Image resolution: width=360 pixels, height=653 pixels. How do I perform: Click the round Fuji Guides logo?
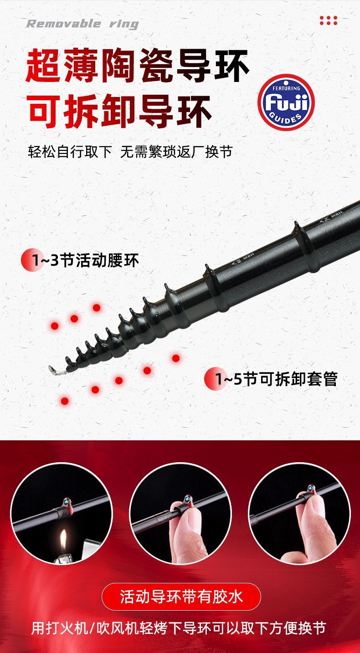tap(286, 103)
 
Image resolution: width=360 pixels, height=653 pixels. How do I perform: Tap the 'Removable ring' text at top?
tap(82, 24)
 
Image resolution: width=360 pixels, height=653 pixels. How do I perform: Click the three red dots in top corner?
tap(328, 20)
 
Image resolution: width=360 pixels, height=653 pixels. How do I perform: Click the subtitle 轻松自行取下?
tap(70, 152)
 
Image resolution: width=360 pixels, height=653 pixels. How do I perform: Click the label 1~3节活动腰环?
tap(85, 261)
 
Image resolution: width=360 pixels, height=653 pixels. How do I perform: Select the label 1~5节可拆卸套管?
tap(276, 379)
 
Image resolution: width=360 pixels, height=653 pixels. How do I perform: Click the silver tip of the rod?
tap(54, 370)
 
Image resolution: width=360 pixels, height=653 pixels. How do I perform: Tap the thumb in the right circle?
tap(301, 533)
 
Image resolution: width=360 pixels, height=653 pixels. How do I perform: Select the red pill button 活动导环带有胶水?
tap(181, 597)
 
